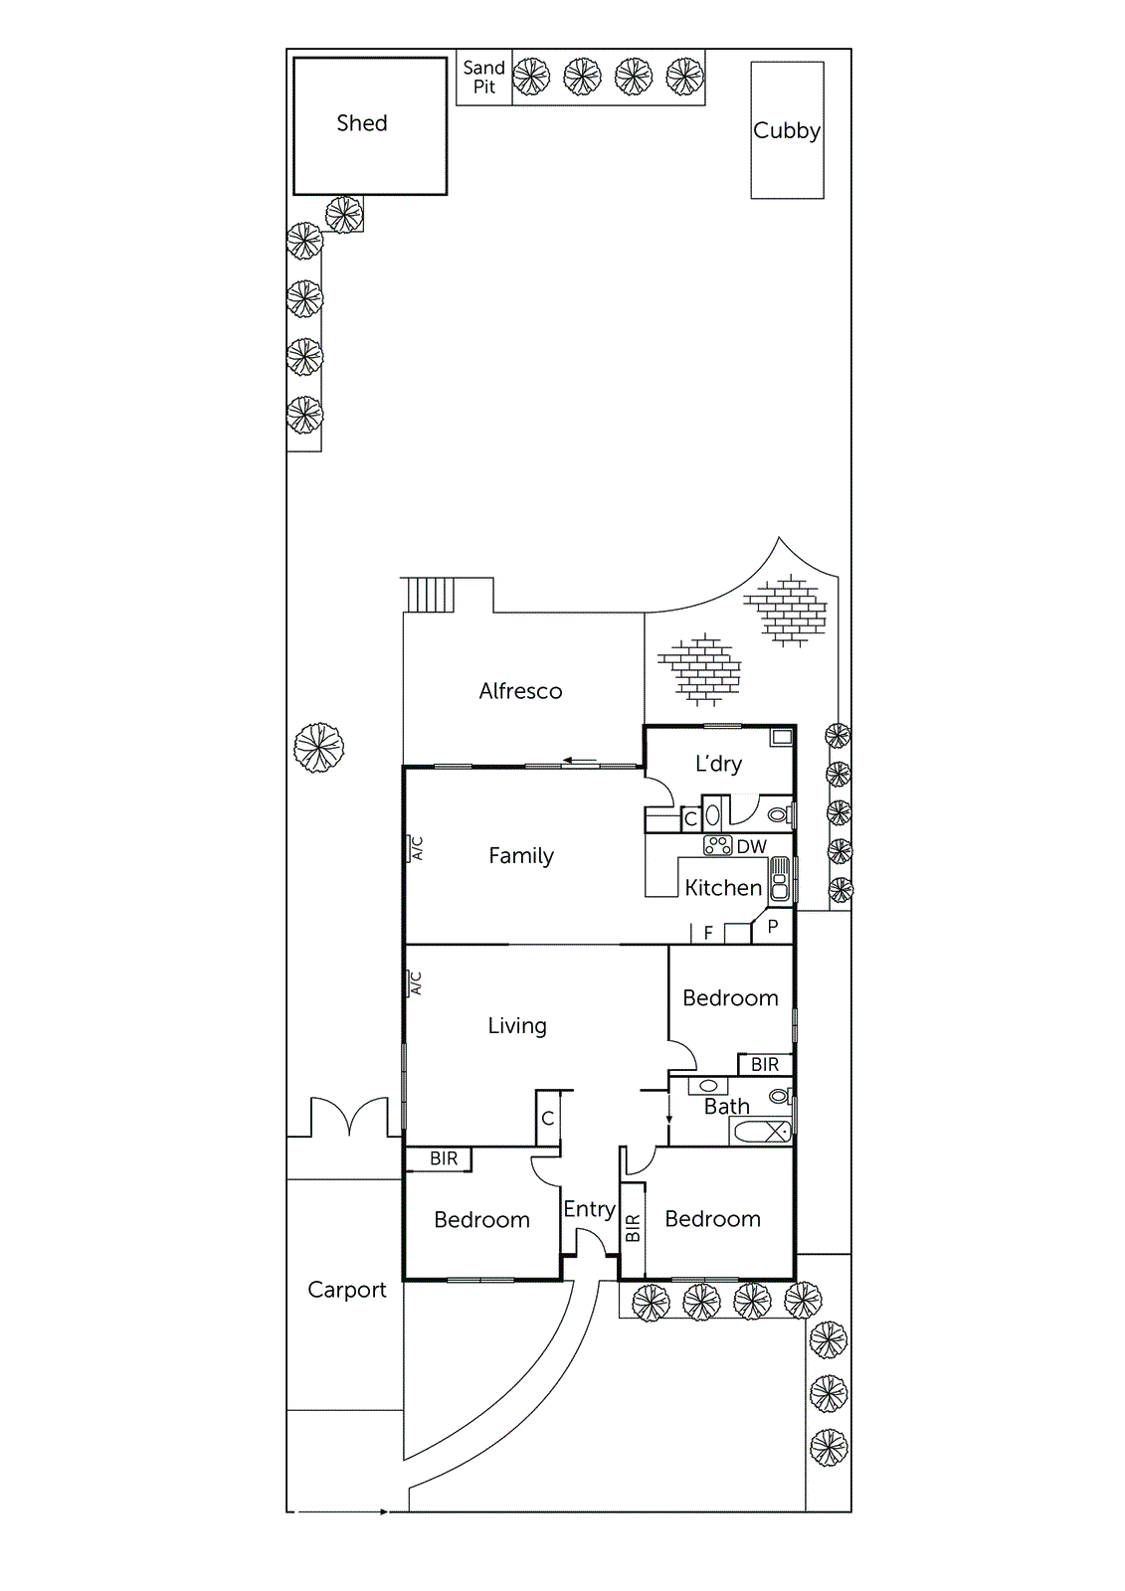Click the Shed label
362,123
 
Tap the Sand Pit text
483,77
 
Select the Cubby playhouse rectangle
787,130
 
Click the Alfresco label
520,691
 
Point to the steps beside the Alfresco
430,595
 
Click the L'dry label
718,764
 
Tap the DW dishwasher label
752,847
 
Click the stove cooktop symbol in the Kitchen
717,846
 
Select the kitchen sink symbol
781,880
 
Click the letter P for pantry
773,926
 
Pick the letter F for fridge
708,933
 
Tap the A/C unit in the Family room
416,848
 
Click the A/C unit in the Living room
415,983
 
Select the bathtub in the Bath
762,1132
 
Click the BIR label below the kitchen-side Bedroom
764,1065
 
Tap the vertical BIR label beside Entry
633,1229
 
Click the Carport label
346,1290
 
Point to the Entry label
589,1209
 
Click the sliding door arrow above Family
579,762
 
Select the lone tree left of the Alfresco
318,747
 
